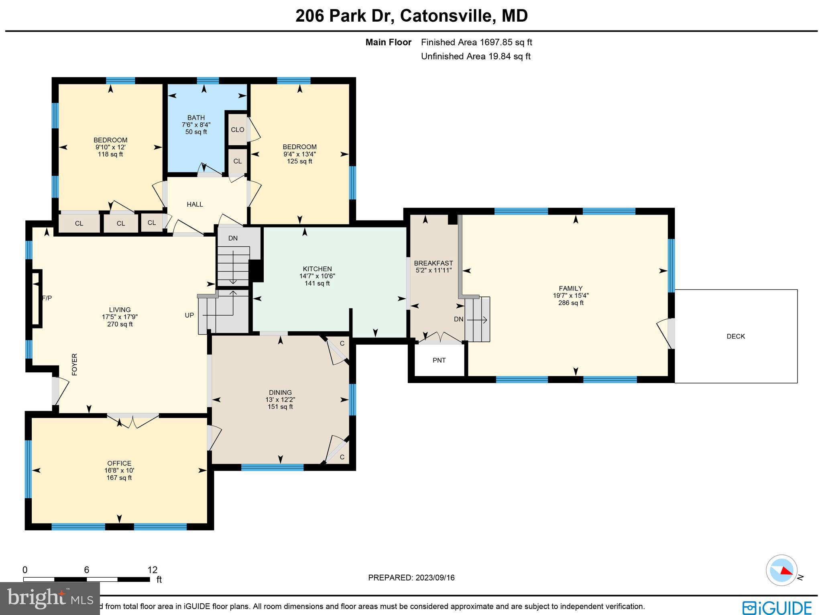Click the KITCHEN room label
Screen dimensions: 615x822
tap(317, 269)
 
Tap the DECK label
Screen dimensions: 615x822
tap(736, 337)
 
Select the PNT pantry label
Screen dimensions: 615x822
tap(439, 360)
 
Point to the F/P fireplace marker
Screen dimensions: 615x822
tap(47, 298)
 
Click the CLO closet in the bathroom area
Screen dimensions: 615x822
tap(237, 130)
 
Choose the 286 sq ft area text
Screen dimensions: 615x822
tap(571, 303)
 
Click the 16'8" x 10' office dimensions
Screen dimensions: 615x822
tap(119, 470)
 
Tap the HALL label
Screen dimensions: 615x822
tap(195, 204)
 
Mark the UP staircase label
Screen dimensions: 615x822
tap(189, 315)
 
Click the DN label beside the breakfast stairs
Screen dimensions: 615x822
tap(458, 319)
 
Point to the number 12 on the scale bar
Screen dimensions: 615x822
tap(152, 570)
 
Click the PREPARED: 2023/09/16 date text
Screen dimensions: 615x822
tap(411, 578)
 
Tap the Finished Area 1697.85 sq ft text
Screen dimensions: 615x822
tap(476, 42)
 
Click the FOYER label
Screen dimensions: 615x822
tap(74, 364)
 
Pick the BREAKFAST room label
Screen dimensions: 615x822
tap(433, 263)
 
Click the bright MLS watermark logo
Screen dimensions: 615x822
tap(50, 598)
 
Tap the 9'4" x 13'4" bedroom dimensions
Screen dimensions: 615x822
tap(299, 154)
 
